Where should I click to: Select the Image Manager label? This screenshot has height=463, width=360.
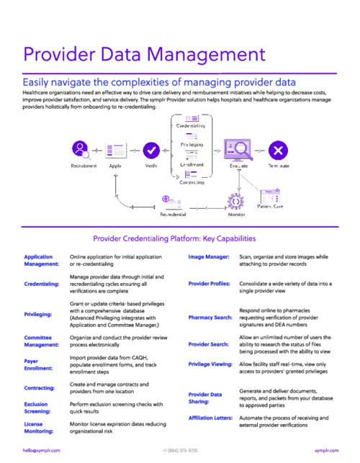[208, 256]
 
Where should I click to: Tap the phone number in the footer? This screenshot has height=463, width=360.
[180, 449]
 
